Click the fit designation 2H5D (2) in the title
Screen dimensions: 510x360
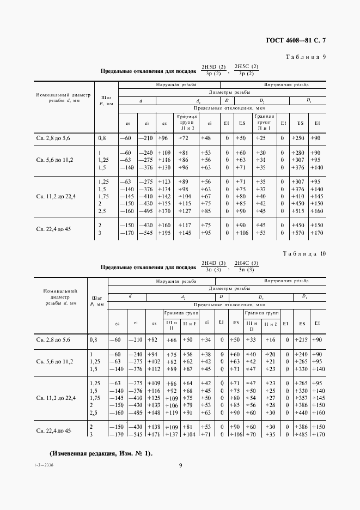tap(213, 67)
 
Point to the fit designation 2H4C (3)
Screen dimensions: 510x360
tap(244, 264)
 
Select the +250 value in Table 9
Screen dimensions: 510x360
tap(297, 138)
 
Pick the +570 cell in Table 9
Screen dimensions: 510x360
tap(297, 233)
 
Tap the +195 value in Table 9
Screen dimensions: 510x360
tap(163, 233)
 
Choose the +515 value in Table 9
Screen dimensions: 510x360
tap(297, 211)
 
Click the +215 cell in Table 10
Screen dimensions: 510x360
tap(301, 339)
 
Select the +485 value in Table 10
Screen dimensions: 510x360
tap(301, 434)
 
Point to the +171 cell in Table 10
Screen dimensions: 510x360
tap(154, 434)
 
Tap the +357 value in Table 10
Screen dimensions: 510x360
tap(301, 398)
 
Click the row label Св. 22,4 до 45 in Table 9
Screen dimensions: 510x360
tap(53, 229)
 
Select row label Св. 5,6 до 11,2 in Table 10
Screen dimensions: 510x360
tap(54, 361)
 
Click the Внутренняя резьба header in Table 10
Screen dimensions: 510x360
tap(286, 281)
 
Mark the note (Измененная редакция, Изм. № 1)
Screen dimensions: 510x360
tap(101, 453)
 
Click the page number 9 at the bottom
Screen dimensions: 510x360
tap(180, 465)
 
